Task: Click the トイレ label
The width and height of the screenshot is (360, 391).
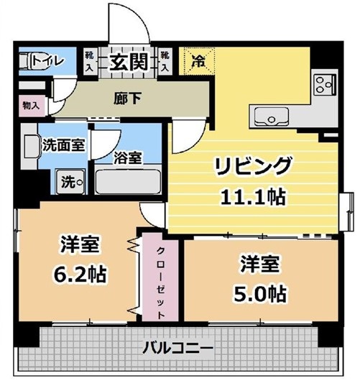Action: pos(47,60)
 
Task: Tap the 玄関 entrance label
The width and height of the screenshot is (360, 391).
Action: pos(129,61)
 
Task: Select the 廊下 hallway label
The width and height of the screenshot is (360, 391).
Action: pos(128,98)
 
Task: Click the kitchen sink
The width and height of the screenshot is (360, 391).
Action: pos(272,116)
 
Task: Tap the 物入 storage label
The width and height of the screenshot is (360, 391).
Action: pos(32,106)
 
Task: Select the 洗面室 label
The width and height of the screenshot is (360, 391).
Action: pos(63,145)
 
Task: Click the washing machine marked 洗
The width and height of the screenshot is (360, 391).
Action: pos(71,182)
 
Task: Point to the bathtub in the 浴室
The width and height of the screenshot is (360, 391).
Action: pos(128,182)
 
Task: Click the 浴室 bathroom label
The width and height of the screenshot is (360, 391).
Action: pos(128,157)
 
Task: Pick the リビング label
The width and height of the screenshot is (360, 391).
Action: pos(254,166)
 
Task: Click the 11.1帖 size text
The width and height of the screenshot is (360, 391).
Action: pos(254,197)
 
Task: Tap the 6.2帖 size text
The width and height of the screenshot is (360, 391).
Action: pos(80,274)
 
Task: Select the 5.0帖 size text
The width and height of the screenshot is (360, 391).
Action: pos(260,294)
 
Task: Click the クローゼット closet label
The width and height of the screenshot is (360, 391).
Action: pos(161,283)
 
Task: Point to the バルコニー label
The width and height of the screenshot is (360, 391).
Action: pos(178,347)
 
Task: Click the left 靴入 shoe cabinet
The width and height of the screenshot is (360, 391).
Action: pos(89,61)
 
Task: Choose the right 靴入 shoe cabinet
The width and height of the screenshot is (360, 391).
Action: pos(165,61)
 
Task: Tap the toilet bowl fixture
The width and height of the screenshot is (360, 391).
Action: pos(26,60)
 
